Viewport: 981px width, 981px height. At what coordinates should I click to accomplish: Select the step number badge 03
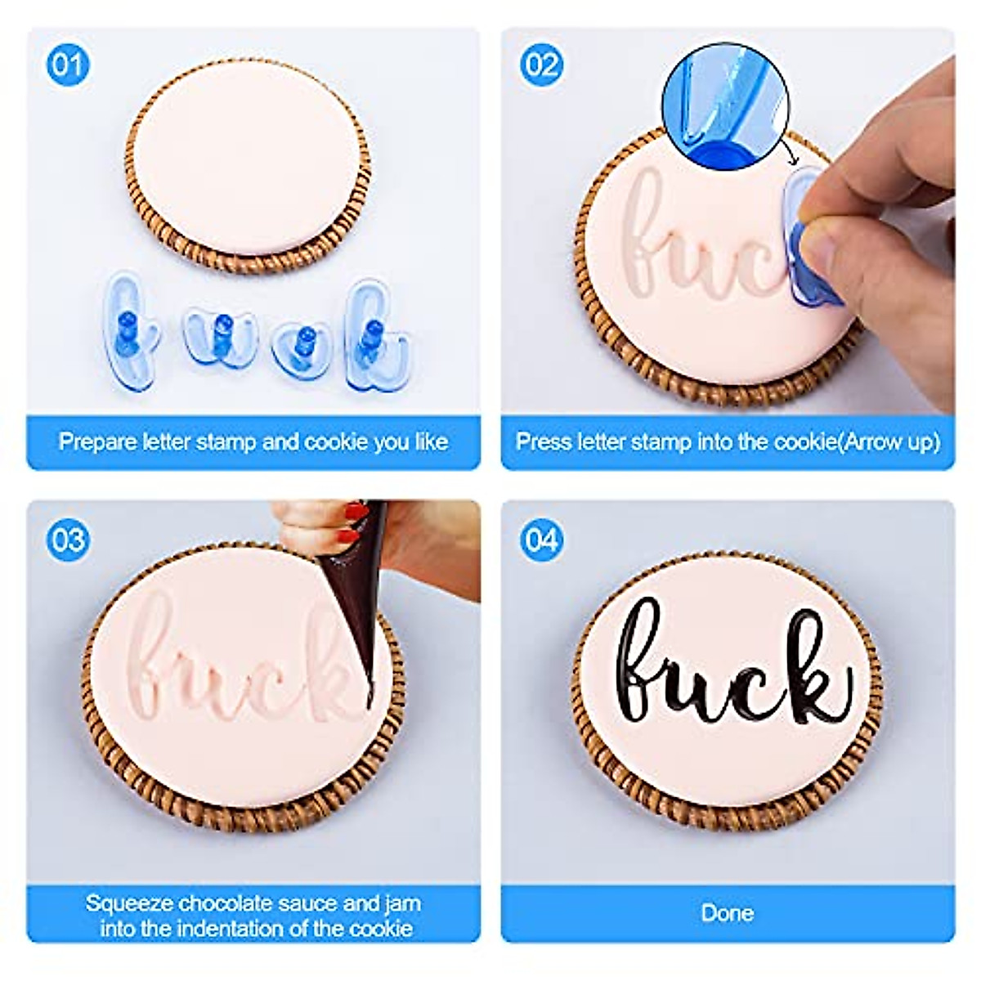click(67, 540)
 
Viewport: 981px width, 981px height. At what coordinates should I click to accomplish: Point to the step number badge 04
click(541, 540)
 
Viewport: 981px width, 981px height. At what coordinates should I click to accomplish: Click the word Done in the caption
click(727, 912)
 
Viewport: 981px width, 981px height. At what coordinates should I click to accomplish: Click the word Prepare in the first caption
click(98, 442)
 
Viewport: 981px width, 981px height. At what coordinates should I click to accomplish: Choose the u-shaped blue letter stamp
click(217, 335)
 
